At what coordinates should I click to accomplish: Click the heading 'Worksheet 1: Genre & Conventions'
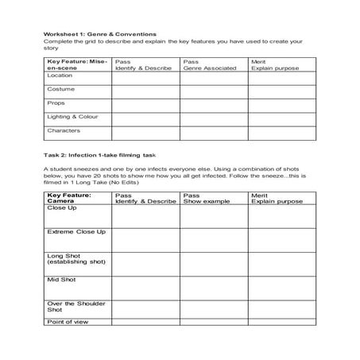99,34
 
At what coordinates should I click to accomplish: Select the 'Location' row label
60,76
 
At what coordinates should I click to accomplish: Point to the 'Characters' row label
63,130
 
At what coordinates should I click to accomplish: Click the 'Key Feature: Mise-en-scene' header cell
76,64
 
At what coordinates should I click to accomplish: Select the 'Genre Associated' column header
210,68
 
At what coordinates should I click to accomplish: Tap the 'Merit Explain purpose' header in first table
274,65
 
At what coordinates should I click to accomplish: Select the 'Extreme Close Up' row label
76,231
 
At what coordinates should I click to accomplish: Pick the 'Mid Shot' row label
60,281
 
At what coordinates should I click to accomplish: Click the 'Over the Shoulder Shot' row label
76,306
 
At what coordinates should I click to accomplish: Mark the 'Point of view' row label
68,322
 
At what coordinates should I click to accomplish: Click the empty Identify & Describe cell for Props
145,103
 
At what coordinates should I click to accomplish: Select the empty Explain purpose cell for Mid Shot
282,286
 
